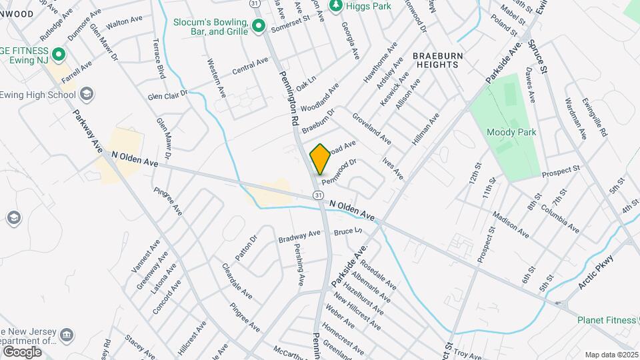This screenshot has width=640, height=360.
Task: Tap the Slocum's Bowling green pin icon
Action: tap(259, 26)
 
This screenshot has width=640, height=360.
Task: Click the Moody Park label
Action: tap(511, 132)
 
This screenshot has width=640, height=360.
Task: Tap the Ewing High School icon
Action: tap(86, 93)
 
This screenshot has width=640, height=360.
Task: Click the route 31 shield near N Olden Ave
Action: tap(319, 195)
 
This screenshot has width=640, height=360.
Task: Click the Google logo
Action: tap(22, 351)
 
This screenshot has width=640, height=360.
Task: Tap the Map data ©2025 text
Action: tap(610, 355)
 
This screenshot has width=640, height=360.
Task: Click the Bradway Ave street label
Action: tap(300, 235)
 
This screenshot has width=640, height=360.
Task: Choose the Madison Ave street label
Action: tap(511, 225)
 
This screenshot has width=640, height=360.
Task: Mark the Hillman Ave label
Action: tap(425, 129)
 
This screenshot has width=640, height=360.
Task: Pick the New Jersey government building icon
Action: tap(67, 334)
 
